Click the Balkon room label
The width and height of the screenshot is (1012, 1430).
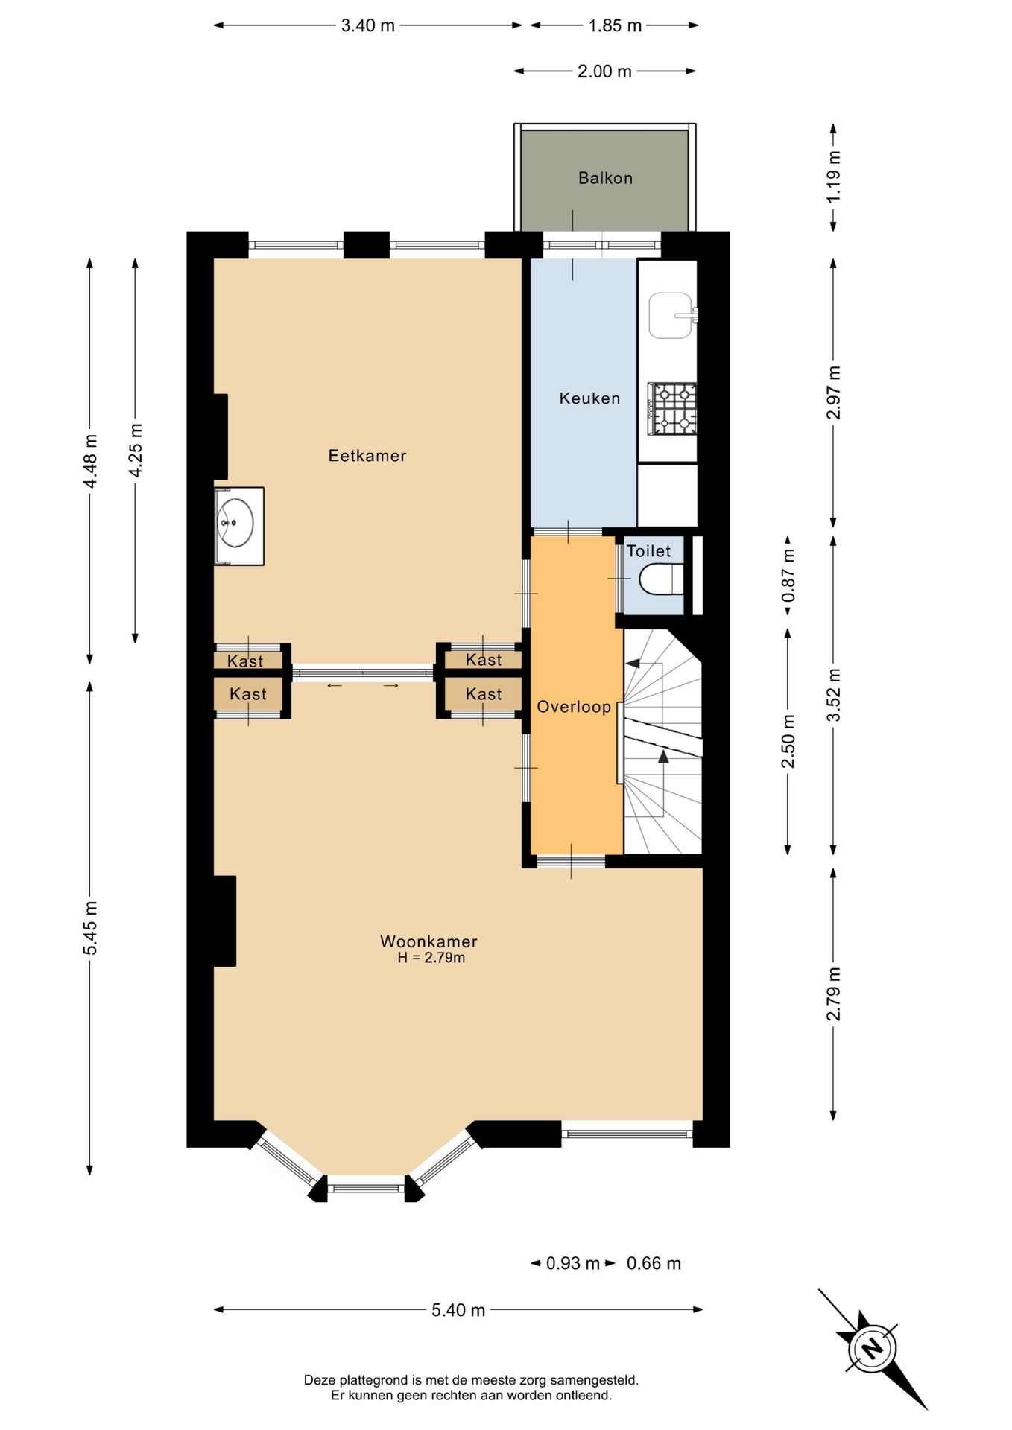click(x=605, y=178)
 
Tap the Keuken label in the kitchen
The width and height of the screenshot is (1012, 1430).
click(x=589, y=398)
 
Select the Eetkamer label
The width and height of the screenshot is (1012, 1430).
click(x=367, y=455)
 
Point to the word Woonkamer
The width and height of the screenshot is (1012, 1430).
click(x=428, y=941)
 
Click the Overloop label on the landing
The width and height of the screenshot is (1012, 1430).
click(x=574, y=707)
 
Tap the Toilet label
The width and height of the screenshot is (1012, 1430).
click(x=648, y=551)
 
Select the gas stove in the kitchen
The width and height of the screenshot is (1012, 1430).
click(x=672, y=409)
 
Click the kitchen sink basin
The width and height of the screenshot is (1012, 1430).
click(x=671, y=315)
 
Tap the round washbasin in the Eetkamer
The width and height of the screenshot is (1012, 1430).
click(x=236, y=523)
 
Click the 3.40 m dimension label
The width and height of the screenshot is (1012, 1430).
click(x=367, y=25)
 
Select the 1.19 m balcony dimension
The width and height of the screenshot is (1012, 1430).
click(x=834, y=177)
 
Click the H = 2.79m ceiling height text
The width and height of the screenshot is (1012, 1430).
click(x=431, y=958)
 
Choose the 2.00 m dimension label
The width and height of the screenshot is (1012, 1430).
click(x=604, y=71)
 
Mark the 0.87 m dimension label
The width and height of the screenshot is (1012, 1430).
click(x=788, y=576)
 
